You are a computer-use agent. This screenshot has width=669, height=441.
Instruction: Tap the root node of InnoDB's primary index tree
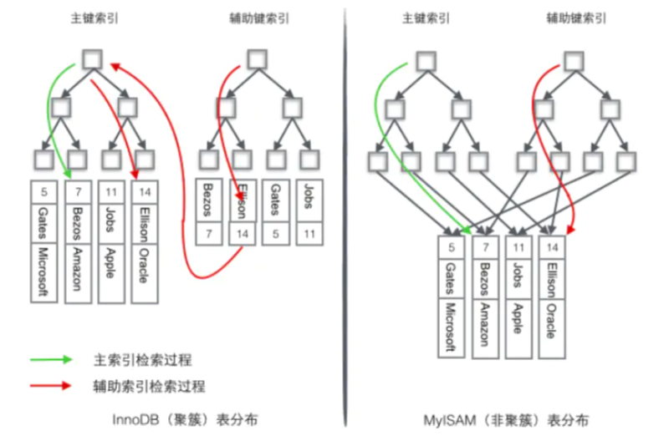click(93, 58)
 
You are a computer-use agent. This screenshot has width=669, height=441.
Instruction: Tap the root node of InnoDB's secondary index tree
click(257, 58)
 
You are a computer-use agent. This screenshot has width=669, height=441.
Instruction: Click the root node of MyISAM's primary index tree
click(426, 60)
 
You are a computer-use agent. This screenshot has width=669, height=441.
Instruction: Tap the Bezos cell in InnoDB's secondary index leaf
click(209, 200)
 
